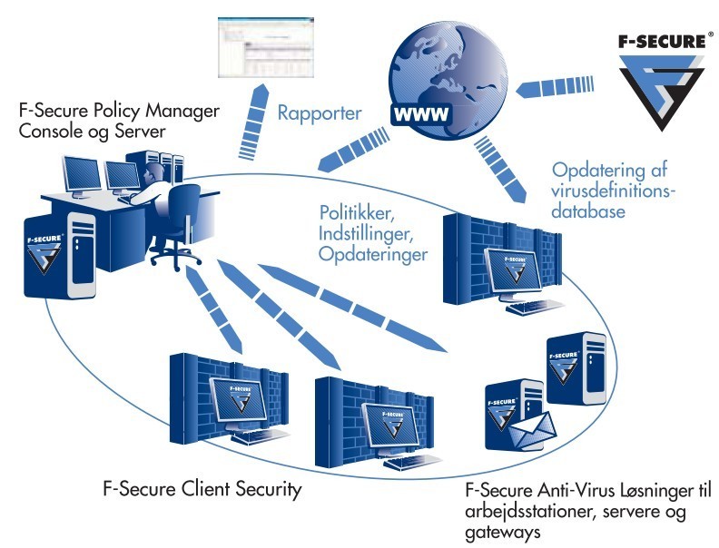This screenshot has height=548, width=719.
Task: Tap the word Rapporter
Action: pos(320,115)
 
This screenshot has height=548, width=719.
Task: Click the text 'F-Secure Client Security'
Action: pos(202,490)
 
